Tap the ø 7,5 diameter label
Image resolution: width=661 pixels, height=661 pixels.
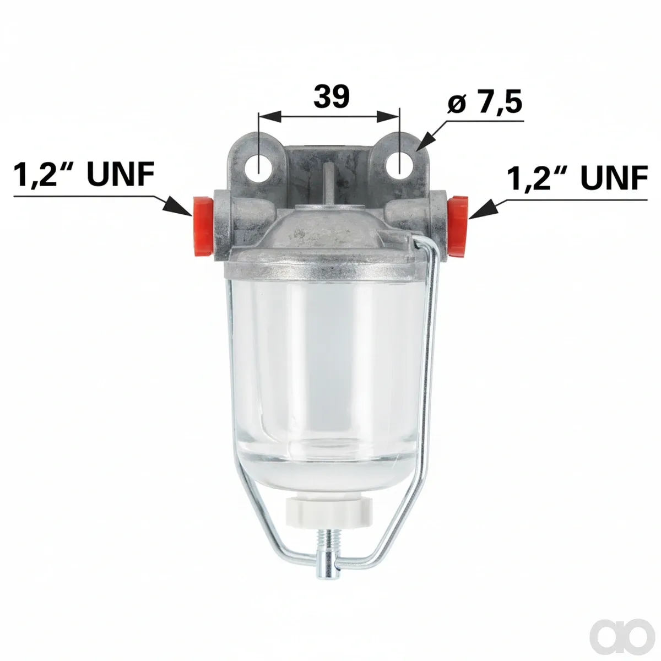pyautogui.click(x=485, y=102)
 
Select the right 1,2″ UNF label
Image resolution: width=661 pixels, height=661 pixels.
pyautogui.click(x=577, y=178)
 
